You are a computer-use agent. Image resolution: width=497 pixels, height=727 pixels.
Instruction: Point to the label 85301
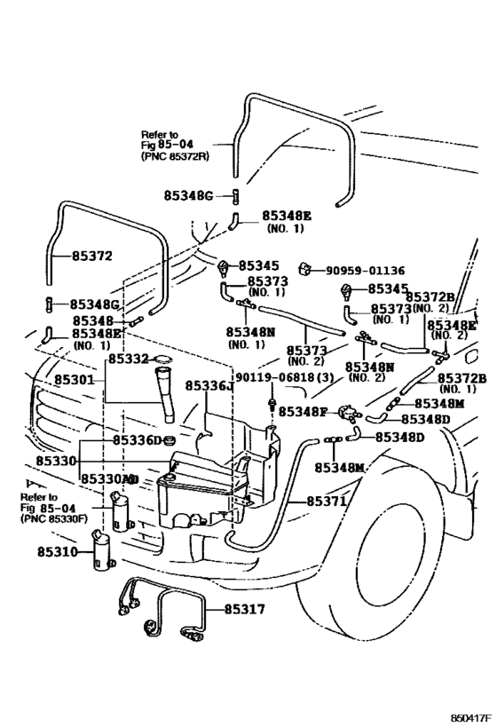pos(75,380)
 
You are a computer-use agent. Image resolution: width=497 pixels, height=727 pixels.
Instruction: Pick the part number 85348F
pos(304,411)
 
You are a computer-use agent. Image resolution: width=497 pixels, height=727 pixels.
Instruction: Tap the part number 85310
pos(58,552)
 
